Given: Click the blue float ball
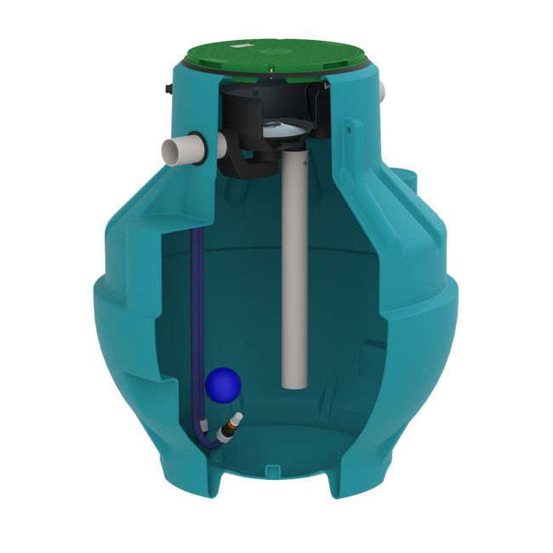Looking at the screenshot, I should pos(224,385).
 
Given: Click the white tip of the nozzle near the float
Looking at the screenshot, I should pos(239,417).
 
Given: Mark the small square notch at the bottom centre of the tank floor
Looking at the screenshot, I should pos(271,470).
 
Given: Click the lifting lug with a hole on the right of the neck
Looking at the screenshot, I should pos(350,129).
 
